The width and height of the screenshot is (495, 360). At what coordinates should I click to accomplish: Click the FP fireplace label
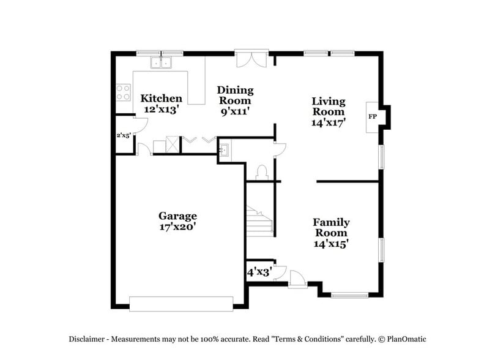tap(371, 116)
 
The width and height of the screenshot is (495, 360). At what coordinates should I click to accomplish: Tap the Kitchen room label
tap(162, 99)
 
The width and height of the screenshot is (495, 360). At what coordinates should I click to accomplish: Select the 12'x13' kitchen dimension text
tap(162, 109)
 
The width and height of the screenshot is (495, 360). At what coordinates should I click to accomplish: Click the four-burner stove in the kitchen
tap(123, 92)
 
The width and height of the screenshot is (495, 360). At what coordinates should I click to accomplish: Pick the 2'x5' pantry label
tap(124, 135)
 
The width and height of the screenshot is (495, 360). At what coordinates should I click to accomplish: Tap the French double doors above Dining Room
tap(251, 60)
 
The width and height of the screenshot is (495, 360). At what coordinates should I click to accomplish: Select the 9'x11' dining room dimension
tap(235, 111)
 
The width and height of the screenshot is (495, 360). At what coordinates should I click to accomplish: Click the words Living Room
tap(329, 107)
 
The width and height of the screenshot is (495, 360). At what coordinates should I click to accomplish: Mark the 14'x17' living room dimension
tap(329, 122)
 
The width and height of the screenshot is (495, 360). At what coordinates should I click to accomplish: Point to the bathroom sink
tap(225, 151)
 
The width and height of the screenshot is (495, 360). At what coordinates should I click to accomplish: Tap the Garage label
tap(177, 216)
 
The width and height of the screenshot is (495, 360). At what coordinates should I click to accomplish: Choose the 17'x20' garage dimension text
tap(177, 227)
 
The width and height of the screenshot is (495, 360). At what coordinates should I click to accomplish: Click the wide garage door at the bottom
tap(181, 304)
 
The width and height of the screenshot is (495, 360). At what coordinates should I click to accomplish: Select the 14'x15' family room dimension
tap(331, 244)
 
